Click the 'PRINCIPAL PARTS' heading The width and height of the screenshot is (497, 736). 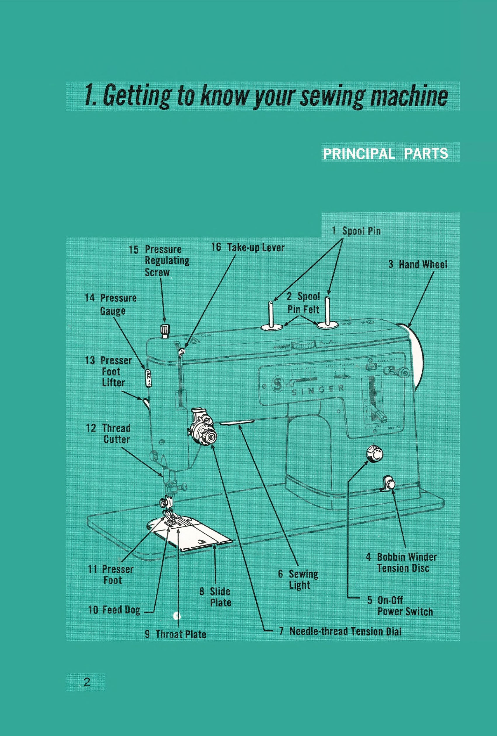[385, 154]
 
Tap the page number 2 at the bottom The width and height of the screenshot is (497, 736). [87, 682]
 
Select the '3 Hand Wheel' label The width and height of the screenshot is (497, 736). [418, 264]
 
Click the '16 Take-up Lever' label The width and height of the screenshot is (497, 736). [248, 247]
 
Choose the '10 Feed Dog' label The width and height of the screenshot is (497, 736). [114, 610]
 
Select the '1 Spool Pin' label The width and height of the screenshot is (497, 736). [356, 231]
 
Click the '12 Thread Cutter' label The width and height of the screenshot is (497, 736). [108, 434]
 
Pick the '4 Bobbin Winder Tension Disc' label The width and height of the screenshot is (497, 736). [402, 562]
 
